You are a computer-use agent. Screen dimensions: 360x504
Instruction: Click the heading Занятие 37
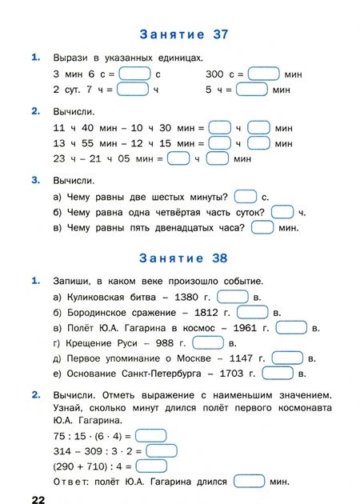[x=184, y=34]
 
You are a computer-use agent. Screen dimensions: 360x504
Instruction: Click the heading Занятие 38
[x=184, y=258]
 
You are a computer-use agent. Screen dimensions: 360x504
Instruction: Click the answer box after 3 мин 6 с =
[x=134, y=74]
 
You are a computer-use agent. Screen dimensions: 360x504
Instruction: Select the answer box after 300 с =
[x=263, y=74]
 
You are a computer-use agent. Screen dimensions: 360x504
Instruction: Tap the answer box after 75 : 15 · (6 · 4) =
[x=151, y=435]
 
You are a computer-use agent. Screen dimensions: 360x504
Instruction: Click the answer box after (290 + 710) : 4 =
[x=151, y=466]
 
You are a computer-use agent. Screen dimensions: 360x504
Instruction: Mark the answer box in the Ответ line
[x=249, y=482]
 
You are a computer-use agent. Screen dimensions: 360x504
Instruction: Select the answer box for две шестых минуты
[x=246, y=197]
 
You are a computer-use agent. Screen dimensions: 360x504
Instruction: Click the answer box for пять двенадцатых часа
[x=262, y=227]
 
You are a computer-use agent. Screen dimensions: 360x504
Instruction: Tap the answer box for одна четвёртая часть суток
[x=282, y=212]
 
